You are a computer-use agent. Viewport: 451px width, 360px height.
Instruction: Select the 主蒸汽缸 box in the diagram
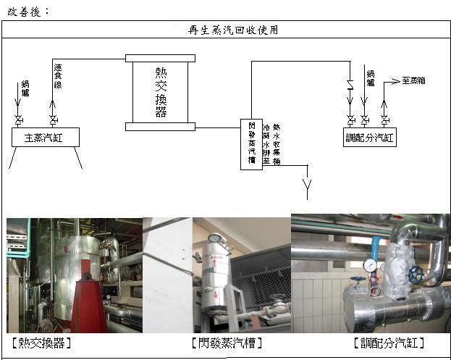pos(46,137)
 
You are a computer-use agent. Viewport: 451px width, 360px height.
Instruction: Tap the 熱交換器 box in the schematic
pos(160,92)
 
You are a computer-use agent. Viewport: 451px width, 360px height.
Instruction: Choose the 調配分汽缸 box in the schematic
pos(369,137)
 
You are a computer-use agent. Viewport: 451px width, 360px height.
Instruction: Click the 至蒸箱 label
pos(414,80)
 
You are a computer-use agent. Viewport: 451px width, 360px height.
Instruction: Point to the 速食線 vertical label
pos(58,75)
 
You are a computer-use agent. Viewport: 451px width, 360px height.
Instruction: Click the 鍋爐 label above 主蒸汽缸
pos(25,88)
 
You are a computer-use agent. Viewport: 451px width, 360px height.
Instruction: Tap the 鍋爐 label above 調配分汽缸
pos(370,78)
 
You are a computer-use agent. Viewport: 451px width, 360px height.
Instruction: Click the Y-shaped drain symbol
pos(307,191)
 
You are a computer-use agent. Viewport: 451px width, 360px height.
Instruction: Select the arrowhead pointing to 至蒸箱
pos(397,80)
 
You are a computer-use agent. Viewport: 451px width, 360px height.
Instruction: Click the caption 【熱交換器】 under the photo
pos(41,342)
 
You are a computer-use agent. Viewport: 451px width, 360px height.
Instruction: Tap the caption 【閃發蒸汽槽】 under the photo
pos(225,342)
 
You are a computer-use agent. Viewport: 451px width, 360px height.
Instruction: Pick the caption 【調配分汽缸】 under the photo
pos(388,342)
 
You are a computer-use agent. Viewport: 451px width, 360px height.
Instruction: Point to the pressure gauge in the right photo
pos(371,265)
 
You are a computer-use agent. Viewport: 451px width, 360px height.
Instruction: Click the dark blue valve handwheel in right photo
pos(415,275)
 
